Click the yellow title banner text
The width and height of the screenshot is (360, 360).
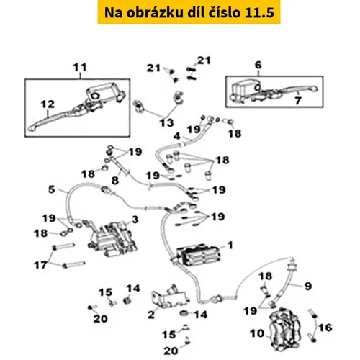tap(189, 12)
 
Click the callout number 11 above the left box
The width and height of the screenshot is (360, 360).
tap(80, 68)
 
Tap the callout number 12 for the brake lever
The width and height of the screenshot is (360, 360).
tap(48, 104)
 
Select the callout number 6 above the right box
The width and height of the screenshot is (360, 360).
tap(258, 65)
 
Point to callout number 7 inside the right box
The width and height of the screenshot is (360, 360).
tap(298, 101)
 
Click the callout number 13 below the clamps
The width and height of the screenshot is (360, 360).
tap(167, 123)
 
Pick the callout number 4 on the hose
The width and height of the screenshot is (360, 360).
tap(177, 136)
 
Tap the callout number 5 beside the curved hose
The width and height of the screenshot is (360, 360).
tap(52, 189)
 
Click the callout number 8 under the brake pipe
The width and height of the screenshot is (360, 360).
tap(115, 180)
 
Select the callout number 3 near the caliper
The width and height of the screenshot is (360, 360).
tap(135, 220)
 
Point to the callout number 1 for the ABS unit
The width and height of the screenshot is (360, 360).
tap(230, 246)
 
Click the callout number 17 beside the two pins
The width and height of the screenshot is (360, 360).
tap(40, 265)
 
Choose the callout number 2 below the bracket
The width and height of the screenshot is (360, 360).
tap(151, 315)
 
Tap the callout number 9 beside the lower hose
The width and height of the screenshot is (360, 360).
tap(308, 286)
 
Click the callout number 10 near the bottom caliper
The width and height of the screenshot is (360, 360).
tap(257, 333)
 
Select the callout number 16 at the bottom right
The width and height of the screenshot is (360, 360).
tap(325, 328)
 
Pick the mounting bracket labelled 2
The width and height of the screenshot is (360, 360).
tap(170, 297)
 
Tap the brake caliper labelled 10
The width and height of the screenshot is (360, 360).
tap(285, 329)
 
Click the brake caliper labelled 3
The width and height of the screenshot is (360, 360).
tap(113, 240)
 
